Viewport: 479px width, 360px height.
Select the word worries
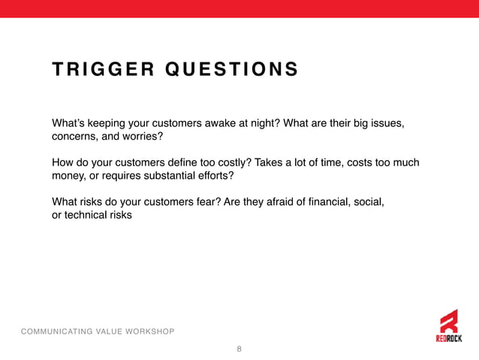pyautogui.click(x=143, y=137)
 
